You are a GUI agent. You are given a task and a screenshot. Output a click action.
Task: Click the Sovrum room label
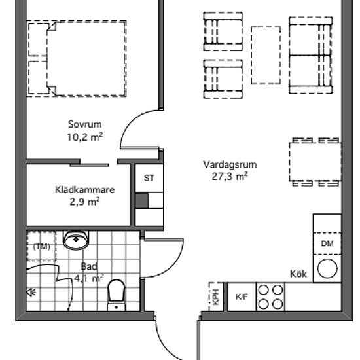click(x=84, y=124)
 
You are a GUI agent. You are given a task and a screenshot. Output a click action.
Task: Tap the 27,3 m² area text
click(x=230, y=176)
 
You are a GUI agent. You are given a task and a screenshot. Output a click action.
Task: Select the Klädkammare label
click(x=84, y=190)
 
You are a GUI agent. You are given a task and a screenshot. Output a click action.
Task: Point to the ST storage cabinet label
click(x=149, y=178)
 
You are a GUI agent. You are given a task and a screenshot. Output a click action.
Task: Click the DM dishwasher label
click(x=327, y=243)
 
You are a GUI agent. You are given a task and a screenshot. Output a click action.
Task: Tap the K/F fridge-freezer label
click(x=242, y=297)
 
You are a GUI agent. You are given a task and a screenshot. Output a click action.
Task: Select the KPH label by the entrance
click(x=216, y=297)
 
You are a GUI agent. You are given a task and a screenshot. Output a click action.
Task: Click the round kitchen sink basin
click(x=327, y=268)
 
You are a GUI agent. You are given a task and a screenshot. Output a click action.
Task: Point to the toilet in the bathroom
click(x=117, y=295)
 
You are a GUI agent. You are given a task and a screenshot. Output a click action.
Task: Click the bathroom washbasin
click(x=76, y=240)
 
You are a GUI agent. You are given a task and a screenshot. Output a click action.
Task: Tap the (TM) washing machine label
click(x=41, y=247)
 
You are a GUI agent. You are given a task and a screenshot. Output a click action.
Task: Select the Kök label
click(x=298, y=274)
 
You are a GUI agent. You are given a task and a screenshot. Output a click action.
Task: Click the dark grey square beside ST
click(x=142, y=201)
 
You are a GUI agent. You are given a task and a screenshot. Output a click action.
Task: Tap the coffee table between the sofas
click(x=266, y=56)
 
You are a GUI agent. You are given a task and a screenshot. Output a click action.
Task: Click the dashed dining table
click(x=315, y=162)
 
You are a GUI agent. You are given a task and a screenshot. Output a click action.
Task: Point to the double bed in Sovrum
click(x=86, y=58)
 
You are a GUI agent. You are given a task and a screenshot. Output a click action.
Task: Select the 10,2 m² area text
click(x=84, y=137)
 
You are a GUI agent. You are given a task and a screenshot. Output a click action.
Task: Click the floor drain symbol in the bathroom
click(x=31, y=293)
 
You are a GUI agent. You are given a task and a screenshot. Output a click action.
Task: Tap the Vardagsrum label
click(x=230, y=164)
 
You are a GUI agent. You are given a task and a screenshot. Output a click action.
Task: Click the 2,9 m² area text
click(x=84, y=202)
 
